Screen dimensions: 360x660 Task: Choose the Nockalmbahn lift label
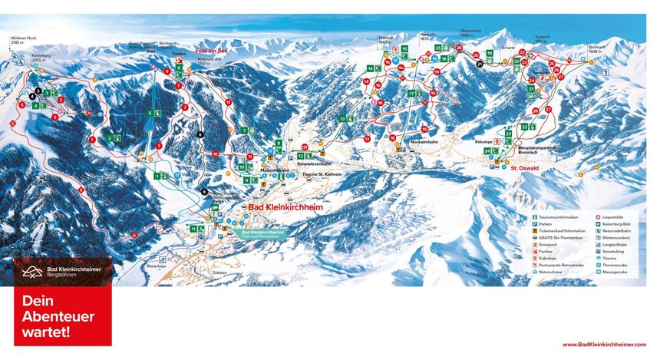[428, 142]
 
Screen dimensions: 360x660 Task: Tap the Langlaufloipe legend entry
[615, 243]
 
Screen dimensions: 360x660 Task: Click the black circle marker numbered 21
[480, 64]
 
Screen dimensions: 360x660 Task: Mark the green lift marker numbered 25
[437, 48]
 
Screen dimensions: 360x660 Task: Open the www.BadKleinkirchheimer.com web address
[603, 345]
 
